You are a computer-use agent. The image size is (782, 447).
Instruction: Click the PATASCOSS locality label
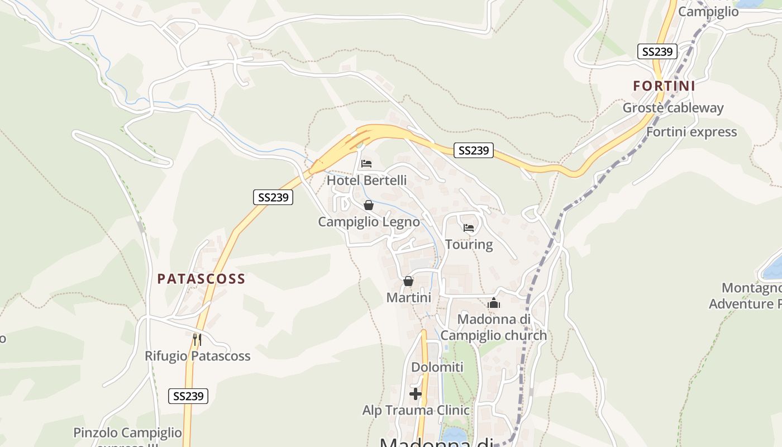201,279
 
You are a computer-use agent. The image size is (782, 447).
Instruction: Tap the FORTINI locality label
664,86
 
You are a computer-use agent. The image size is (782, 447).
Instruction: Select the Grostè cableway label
673,108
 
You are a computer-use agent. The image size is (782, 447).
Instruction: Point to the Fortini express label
692,132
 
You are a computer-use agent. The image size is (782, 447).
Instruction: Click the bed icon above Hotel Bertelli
366,164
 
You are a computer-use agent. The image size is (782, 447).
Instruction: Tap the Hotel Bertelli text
366,180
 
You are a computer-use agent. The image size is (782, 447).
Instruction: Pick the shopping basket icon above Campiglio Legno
369,205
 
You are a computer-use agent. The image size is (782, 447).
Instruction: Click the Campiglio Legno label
369,222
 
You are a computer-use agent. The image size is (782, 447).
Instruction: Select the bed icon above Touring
469,228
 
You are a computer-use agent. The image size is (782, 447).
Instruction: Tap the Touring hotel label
469,245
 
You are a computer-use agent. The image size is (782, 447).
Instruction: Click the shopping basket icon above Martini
408,281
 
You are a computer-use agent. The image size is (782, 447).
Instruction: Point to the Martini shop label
408,298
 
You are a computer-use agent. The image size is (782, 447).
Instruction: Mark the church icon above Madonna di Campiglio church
493,303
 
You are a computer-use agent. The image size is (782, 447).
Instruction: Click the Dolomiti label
437,367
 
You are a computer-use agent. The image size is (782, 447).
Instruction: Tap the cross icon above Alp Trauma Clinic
416,394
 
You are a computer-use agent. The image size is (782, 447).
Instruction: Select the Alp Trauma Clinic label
416,410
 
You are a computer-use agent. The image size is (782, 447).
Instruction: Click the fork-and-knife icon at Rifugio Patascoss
197,339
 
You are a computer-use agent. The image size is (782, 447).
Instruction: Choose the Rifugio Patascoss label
197,356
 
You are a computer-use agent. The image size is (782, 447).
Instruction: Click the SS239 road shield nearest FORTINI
657,52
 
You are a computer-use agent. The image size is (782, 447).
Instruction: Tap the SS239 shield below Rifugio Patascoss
188,396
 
